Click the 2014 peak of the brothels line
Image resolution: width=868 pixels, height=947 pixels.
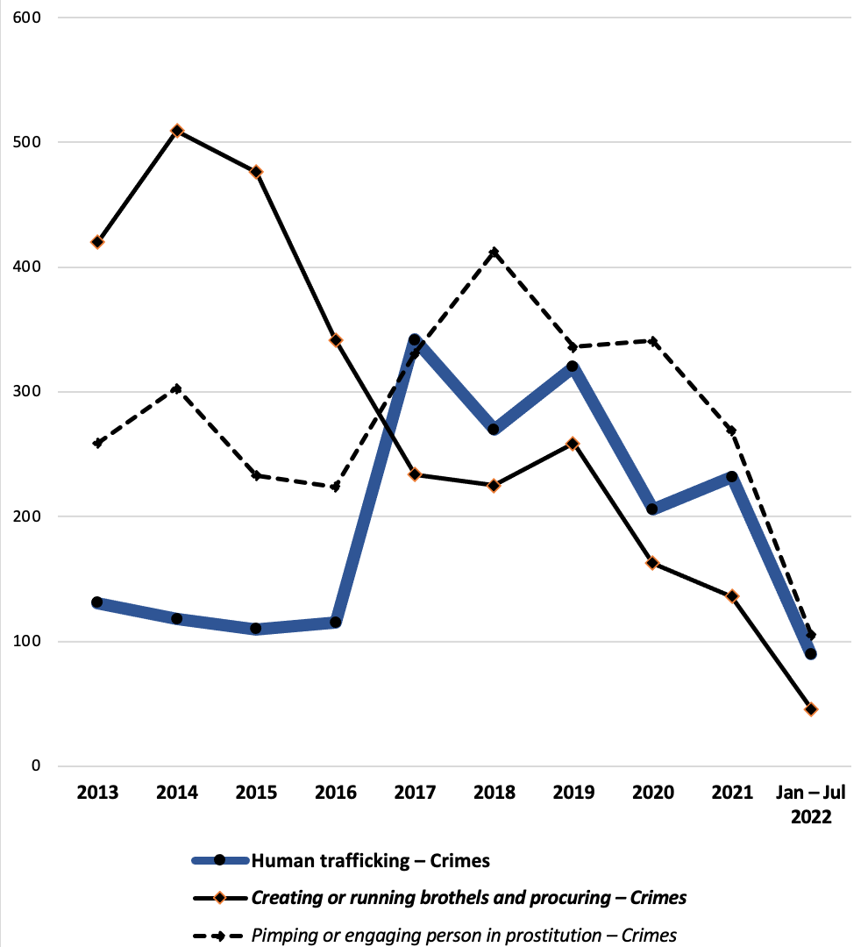click(x=177, y=131)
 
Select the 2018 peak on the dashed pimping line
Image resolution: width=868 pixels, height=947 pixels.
click(x=494, y=253)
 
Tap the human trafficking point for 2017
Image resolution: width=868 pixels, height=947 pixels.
click(x=415, y=339)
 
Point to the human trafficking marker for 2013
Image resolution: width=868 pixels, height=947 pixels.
click(x=97, y=602)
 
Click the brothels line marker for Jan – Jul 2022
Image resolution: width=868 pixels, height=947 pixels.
click(x=811, y=709)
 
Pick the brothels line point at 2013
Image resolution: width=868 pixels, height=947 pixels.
click(x=97, y=242)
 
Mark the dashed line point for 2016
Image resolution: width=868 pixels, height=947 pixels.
click(x=336, y=488)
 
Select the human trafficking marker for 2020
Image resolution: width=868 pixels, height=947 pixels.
click(x=652, y=509)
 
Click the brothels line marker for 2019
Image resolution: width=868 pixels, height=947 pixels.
click(x=573, y=444)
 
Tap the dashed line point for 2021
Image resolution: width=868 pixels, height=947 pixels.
click(x=732, y=431)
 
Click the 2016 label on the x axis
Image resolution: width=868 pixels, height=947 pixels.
click(x=336, y=794)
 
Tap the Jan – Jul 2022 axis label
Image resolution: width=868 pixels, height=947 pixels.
click(x=811, y=805)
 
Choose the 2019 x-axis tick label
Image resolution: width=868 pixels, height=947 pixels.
click(x=573, y=794)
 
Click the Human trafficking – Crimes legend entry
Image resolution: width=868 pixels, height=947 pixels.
click(x=370, y=860)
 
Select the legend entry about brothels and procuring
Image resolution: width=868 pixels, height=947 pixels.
click(x=468, y=898)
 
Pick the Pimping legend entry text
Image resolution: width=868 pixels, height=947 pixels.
click(x=464, y=935)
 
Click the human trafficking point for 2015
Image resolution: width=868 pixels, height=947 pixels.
click(x=256, y=628)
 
